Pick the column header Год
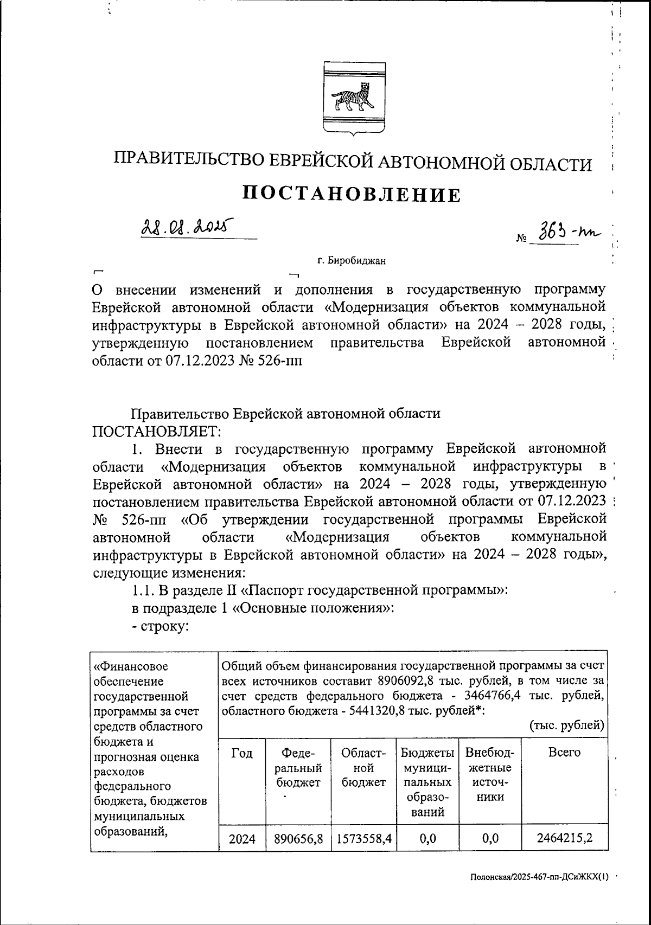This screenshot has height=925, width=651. pyautogui.click(x=242, y=753)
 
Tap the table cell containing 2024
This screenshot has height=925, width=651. pyautogui.click(x=242, y=839)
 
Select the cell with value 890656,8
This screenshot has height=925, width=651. pyautogui.click(x=298, y=839)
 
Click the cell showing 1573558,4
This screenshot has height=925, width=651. pyautogui.click(x=363, y=839)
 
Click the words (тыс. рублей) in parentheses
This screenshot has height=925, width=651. pyautogui.click(x=566, y=725)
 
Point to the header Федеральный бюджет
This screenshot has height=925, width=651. pyautogui.click(x=298, y=767)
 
